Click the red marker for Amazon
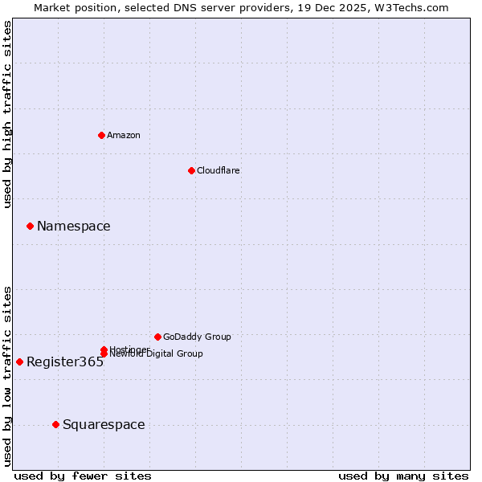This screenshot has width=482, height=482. [102, 135]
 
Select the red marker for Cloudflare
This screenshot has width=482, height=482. [191, 170]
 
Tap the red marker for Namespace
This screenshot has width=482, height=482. [30, 226]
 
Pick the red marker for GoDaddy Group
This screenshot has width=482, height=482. [157, 337]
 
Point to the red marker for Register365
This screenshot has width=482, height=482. [19, 361]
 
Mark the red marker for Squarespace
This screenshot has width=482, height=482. [55, 424]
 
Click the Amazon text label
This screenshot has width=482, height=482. [124, 135]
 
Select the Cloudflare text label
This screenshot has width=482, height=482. [219, 170]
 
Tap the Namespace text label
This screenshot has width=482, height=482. [74, 227]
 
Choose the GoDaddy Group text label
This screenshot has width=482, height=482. [197, 337]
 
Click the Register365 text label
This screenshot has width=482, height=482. [65, 362]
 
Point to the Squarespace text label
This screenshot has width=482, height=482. [104, 425]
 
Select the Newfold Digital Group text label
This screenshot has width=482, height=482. [157, 354]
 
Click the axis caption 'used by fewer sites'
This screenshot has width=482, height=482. [83, 476]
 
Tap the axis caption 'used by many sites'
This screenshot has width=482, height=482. [403, 476]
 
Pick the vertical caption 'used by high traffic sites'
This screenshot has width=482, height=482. [8, 114]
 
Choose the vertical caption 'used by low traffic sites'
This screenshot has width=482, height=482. [8, 376]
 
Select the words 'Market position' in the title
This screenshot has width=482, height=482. [71, 7]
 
